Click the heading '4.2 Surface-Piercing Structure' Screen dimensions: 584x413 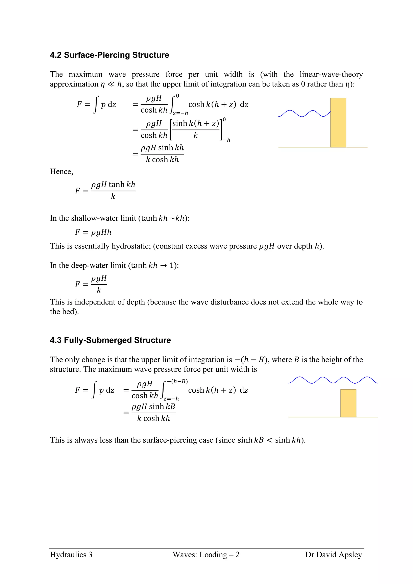click(109, 55)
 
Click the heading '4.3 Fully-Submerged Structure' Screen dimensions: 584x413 click(110, 340)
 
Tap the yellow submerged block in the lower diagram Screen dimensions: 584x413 click(348, 403)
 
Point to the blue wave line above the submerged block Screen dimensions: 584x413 click(331, 380)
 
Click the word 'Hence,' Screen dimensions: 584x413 click(61, 171)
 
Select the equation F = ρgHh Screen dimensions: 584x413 click(93, 232)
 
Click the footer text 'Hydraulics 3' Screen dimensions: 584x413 click(71, 555)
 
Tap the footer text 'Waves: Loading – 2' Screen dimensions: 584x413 click(206, 555)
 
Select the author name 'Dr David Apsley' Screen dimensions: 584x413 click(333, 555)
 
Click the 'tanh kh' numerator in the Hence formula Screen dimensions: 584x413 click(122, 184)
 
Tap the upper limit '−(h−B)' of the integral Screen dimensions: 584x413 click(177, 381)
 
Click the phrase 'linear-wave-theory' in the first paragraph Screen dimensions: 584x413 click(331, 74)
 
